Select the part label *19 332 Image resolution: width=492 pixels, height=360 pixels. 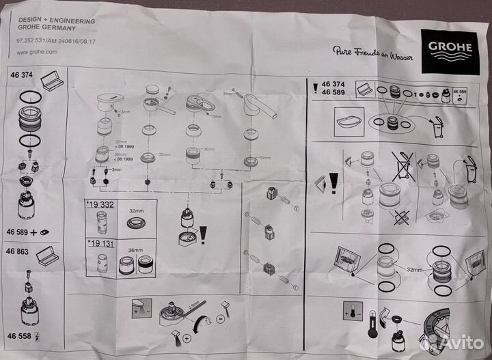(100, 204)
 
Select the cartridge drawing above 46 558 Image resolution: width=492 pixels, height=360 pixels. (28, 307)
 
